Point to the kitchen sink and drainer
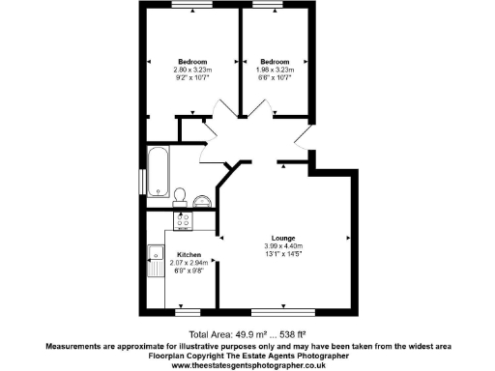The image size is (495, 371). pos(155,260)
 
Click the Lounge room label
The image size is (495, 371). pos(283,239)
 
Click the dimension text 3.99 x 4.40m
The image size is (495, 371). pos(283,246)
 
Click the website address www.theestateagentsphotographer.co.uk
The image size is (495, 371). pos(247,365)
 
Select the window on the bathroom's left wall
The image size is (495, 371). pos(141,180)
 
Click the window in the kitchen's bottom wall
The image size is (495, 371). pos(189,311)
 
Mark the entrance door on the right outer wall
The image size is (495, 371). pos(306,137)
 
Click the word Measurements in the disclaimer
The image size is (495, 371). pos(76,345)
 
